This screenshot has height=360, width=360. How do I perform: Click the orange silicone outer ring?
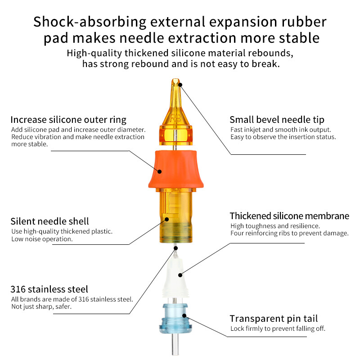pos(176,170)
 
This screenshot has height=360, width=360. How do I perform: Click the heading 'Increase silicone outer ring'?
pos(68,120)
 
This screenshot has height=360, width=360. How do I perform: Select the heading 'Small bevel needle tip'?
pos(277,120)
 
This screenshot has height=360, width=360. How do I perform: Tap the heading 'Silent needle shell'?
pos(49,221)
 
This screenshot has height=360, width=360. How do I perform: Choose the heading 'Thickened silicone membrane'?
pos(289,216)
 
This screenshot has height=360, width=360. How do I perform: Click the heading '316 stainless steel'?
pos(49,289)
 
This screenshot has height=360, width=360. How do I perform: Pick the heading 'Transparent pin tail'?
pos(274,319)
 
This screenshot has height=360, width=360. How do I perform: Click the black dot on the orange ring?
pos(159,171)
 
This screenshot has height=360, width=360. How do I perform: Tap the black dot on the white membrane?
pos(180,275)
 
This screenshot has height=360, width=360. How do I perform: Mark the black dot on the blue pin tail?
pos(184,315)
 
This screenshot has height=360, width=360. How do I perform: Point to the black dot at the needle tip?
pos(180,85)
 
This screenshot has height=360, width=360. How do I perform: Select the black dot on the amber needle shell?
pos(167,219)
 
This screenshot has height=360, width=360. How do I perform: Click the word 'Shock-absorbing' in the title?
pos(90,22)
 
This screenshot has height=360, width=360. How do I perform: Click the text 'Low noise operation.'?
pos(42,239)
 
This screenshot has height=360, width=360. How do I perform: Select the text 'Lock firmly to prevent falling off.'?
pos(278,328)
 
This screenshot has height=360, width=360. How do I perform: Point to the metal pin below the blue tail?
pos(175,344)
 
